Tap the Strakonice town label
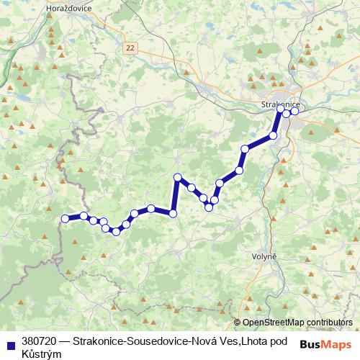click(x=276, y=105)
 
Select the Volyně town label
click(x=263, y=257)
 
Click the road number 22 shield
click(x=129, y=47)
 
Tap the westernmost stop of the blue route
click(x=65, y=218)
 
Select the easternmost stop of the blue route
click(x=294, y=111)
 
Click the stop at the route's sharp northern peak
click(x=177, y=177)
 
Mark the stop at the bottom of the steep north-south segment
click(x=173, y=212)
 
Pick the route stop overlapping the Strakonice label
click(x=281, y=109)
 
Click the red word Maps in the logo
click(x=337, y=345)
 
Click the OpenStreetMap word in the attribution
click(x=273, y=323)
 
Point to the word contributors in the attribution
click(x=329, y=323)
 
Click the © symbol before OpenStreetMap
click(x=238, y=323)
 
